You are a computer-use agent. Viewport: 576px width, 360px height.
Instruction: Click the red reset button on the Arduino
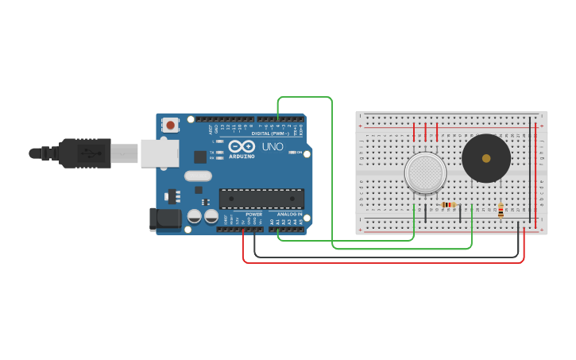(170, 125)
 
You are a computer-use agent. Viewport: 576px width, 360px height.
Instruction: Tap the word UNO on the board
(273, 147)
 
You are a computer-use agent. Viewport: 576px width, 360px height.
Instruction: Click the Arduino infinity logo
(241, 146)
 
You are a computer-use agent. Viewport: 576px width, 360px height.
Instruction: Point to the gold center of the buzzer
(486, 158)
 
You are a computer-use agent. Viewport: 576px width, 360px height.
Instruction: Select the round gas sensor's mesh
(425, 172)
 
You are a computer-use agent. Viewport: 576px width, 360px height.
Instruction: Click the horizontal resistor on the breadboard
(449, 205)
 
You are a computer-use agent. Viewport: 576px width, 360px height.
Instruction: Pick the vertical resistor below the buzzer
(501, 211)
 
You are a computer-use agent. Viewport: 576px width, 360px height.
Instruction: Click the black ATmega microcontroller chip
(261, 198)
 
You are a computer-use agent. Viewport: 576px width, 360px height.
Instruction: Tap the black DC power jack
(164, 219)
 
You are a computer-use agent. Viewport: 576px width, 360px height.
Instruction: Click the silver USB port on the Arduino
(160, 153)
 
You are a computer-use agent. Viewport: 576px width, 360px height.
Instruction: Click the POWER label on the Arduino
(253, 215)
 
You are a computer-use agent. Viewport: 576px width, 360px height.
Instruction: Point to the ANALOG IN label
(289, 215)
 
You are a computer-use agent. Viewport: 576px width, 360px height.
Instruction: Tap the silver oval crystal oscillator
(199, 176)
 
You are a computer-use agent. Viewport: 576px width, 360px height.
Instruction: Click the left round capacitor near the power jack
(195, 215)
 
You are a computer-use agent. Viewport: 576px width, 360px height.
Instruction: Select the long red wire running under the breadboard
(381, 261)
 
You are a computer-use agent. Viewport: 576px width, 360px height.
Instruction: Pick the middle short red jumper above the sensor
(426, 132)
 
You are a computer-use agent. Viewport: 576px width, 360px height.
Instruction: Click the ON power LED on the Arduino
(293, 152)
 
